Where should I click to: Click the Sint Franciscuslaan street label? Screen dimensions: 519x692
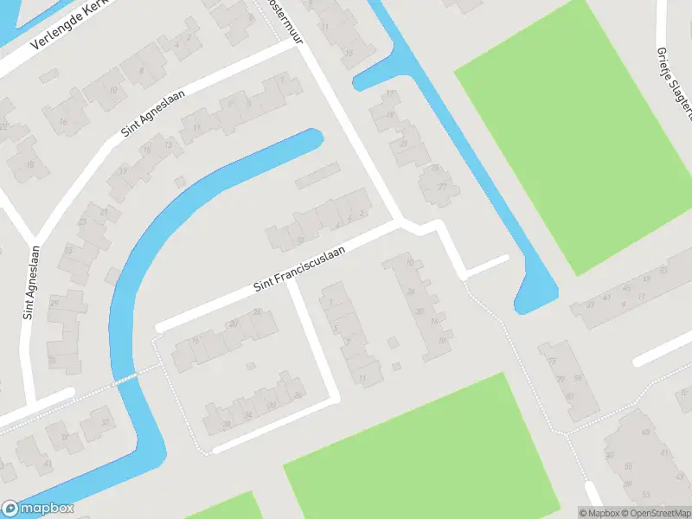(300, 268)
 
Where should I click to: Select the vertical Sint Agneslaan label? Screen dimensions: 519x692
(28, 281)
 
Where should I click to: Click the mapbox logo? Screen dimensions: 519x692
(38, 509)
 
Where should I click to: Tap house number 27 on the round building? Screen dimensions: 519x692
(443, 187)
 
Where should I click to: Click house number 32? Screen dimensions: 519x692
(105, 421)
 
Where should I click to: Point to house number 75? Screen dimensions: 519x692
(551, 360)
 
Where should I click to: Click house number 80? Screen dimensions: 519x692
(569, 396)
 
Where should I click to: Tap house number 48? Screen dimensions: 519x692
(644, 432)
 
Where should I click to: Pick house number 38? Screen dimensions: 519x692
(227, 425)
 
